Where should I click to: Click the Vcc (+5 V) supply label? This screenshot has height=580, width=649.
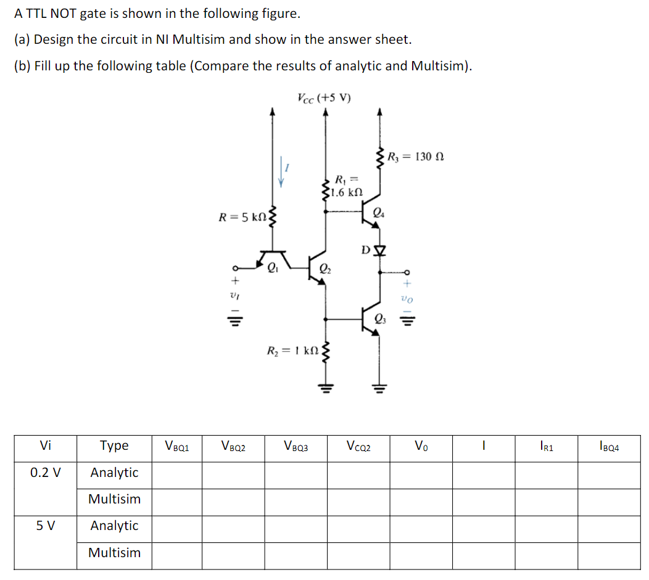click(x=324, y=98)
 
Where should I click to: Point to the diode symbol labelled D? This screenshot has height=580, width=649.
click(x=380, y=250)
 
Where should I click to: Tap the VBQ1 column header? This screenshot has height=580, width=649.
click(x=176, y=446)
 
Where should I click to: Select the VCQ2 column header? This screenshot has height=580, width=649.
click(x=358, y=446)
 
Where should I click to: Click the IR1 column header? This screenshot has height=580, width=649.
click(x=546, y=446)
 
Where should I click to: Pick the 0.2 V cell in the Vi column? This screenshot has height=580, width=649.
click(x=46, y=473)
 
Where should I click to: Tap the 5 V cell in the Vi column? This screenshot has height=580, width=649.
click(x=46, y=526)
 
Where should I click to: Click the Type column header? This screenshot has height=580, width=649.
click(x=114, y=445)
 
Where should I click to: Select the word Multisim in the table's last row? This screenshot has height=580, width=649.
click(x=114, y=552)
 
